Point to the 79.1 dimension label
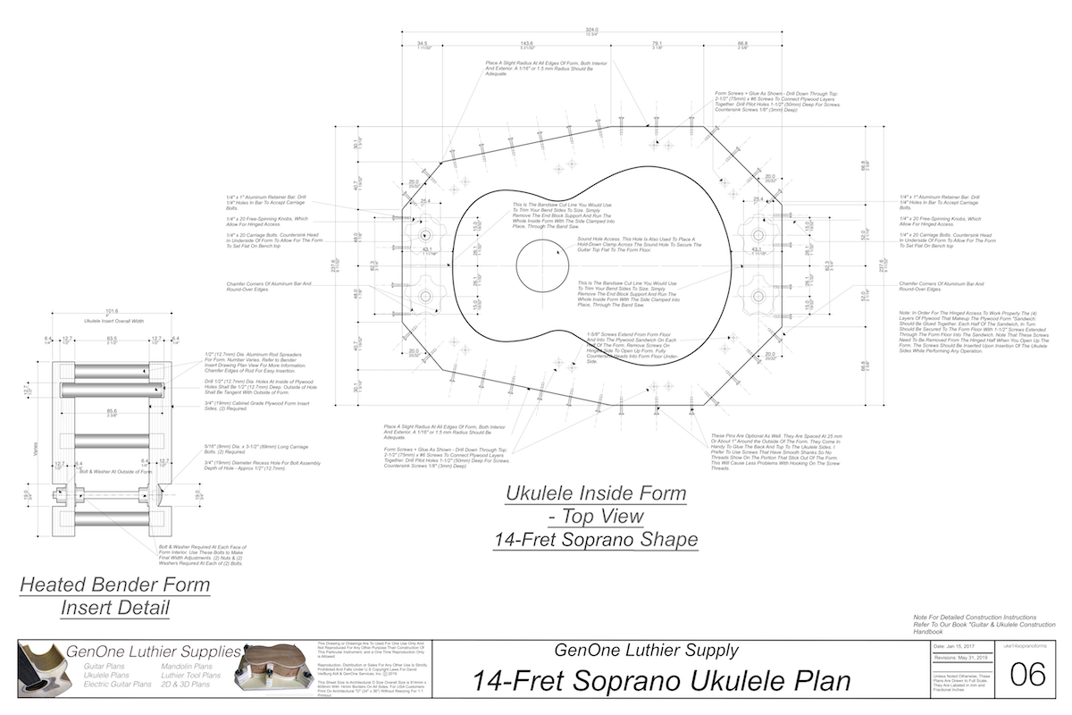click(657, 43)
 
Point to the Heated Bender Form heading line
click(114, 586)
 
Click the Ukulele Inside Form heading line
click(596, 492)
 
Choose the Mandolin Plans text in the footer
click(187, 667)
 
